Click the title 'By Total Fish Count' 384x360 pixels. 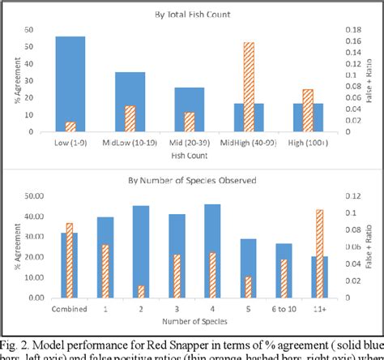(x=190, y=15)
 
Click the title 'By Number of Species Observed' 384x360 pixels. (x=191, y=179)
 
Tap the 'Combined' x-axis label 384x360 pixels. (x=70, y=308)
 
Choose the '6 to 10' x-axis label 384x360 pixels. (x=284, y=308)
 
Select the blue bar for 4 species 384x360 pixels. (x=212, y=251)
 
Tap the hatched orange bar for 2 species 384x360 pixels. (x=141, y=291)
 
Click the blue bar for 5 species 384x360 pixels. (x=248, y=268)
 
